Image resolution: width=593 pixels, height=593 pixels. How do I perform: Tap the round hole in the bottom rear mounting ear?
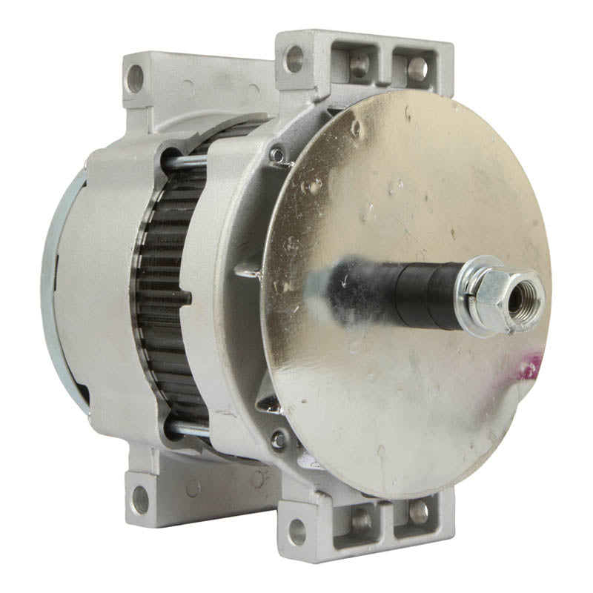[139, 500]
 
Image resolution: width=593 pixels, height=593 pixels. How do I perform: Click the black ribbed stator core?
[167, 296]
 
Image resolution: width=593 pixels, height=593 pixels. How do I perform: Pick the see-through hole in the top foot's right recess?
[417, 69]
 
